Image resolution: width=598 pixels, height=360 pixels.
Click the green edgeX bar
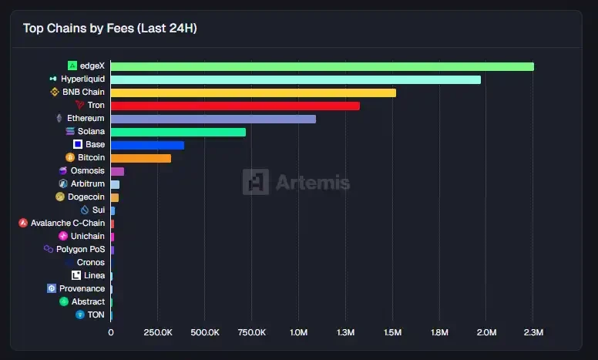[x=322, y=66]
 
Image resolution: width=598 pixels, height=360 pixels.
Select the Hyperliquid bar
[x=296, y=79]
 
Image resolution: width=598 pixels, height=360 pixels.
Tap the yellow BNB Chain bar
[x=254, y=93]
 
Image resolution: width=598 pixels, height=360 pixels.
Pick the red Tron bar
[x=235, y=106]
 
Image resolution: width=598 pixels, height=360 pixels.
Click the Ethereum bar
[x=213, y=119]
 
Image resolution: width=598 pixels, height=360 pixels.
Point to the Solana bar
[x=178, y=132]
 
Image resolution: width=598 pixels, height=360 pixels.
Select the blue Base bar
[x=147, y=145]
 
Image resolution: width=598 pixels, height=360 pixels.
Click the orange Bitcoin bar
[x=141, y=158]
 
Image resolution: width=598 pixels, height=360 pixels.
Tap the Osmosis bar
[x=117, y=171]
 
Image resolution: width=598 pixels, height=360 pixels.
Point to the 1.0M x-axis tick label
[x=298, y=332]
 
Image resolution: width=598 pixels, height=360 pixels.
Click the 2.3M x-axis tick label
[x=533, y=332]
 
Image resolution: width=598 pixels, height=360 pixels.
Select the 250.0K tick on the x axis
[x=158, y=332]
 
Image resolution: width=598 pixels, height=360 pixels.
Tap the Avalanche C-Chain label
[x=68, y=224]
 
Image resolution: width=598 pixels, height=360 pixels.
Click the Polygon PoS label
[x=80, y=250]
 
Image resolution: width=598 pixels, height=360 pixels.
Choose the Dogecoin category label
[x=86, y=197]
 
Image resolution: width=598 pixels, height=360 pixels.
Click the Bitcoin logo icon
[x=70, y=158]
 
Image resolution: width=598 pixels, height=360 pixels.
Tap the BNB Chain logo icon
[x=55, y=93]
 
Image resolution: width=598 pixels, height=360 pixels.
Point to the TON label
[x=96, y=315]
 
